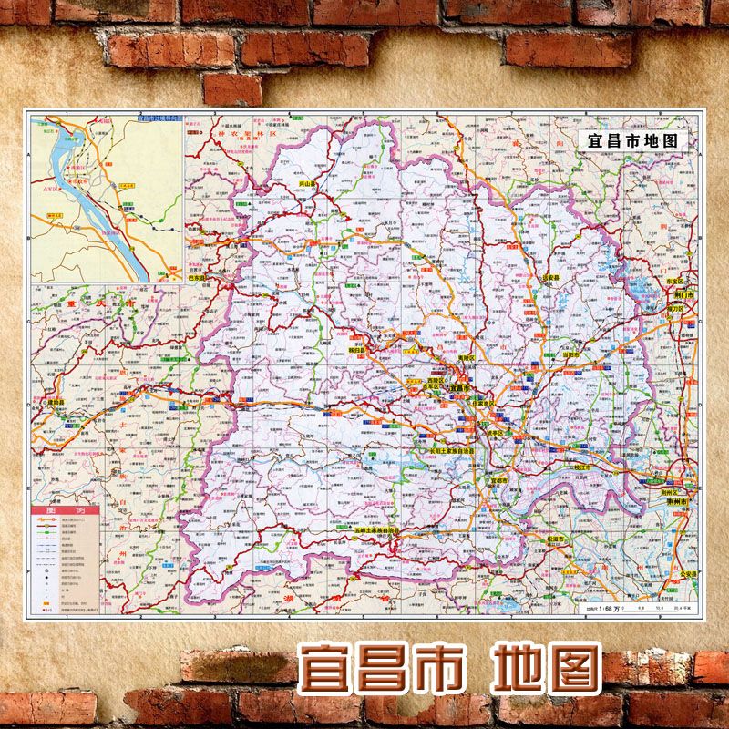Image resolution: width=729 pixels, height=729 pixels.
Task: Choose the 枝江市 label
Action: pyautogui.click(x=579, y=467)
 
